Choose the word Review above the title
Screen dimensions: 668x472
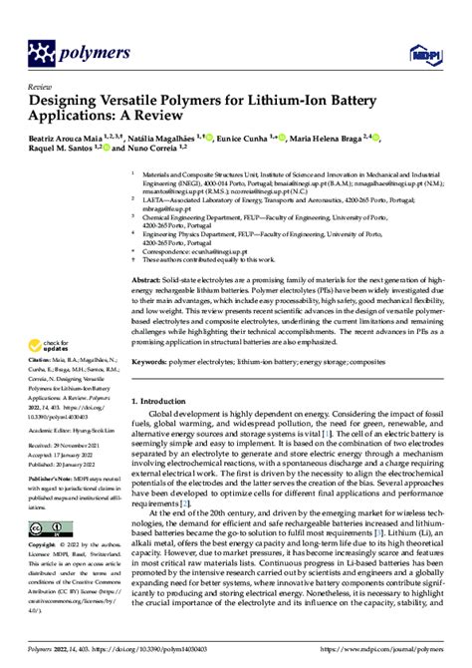point(39,86)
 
